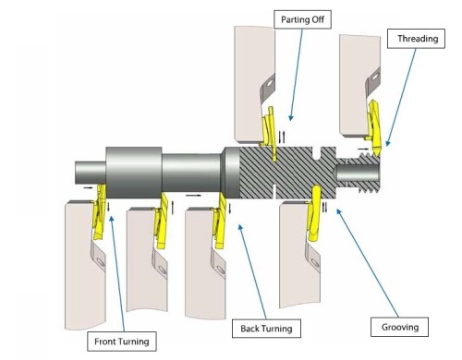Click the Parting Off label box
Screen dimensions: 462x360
click(302, 19)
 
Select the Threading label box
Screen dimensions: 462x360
click(416, 39)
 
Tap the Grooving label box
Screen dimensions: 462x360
click(399, 327)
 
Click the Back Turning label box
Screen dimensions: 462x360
click(266, 329)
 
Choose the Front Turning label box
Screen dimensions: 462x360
click(122, 342)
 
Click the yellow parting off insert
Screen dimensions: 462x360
click(269, 132)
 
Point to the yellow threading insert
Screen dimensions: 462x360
click(375, 127)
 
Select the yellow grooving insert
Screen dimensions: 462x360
click(315, 212)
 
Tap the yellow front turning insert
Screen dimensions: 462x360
click(99, 211)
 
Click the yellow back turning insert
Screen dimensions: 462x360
click(221, 220)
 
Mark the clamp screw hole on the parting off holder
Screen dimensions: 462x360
click(270, 83)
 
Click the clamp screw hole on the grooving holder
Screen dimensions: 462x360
click(314, 262)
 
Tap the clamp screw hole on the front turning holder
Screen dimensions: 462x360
click(101, 262)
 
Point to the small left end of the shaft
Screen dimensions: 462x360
click(91, 173)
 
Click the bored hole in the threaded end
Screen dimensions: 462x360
click(357, 173)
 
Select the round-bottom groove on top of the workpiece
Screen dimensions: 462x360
click(317, 153)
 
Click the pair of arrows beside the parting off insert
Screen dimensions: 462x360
click(282, 137)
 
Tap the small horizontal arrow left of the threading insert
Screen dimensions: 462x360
click(363, 149)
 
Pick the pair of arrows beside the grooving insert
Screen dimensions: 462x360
click(324, 207)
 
